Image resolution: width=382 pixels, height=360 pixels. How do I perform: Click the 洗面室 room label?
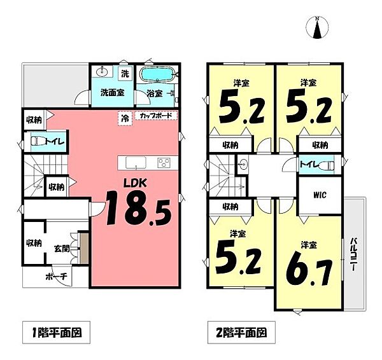tap(112, 93)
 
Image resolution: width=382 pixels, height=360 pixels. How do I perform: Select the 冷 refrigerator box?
tap(125, 118)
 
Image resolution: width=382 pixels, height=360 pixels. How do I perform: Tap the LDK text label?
tap(136, 183)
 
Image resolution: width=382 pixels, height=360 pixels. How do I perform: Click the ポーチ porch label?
tap(56, 277)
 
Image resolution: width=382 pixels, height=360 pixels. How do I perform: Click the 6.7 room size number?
tap(308, 268)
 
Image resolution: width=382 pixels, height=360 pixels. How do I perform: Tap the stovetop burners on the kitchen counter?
tap(166, 163)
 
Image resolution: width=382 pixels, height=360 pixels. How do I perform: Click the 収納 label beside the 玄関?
tap(34, 243)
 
